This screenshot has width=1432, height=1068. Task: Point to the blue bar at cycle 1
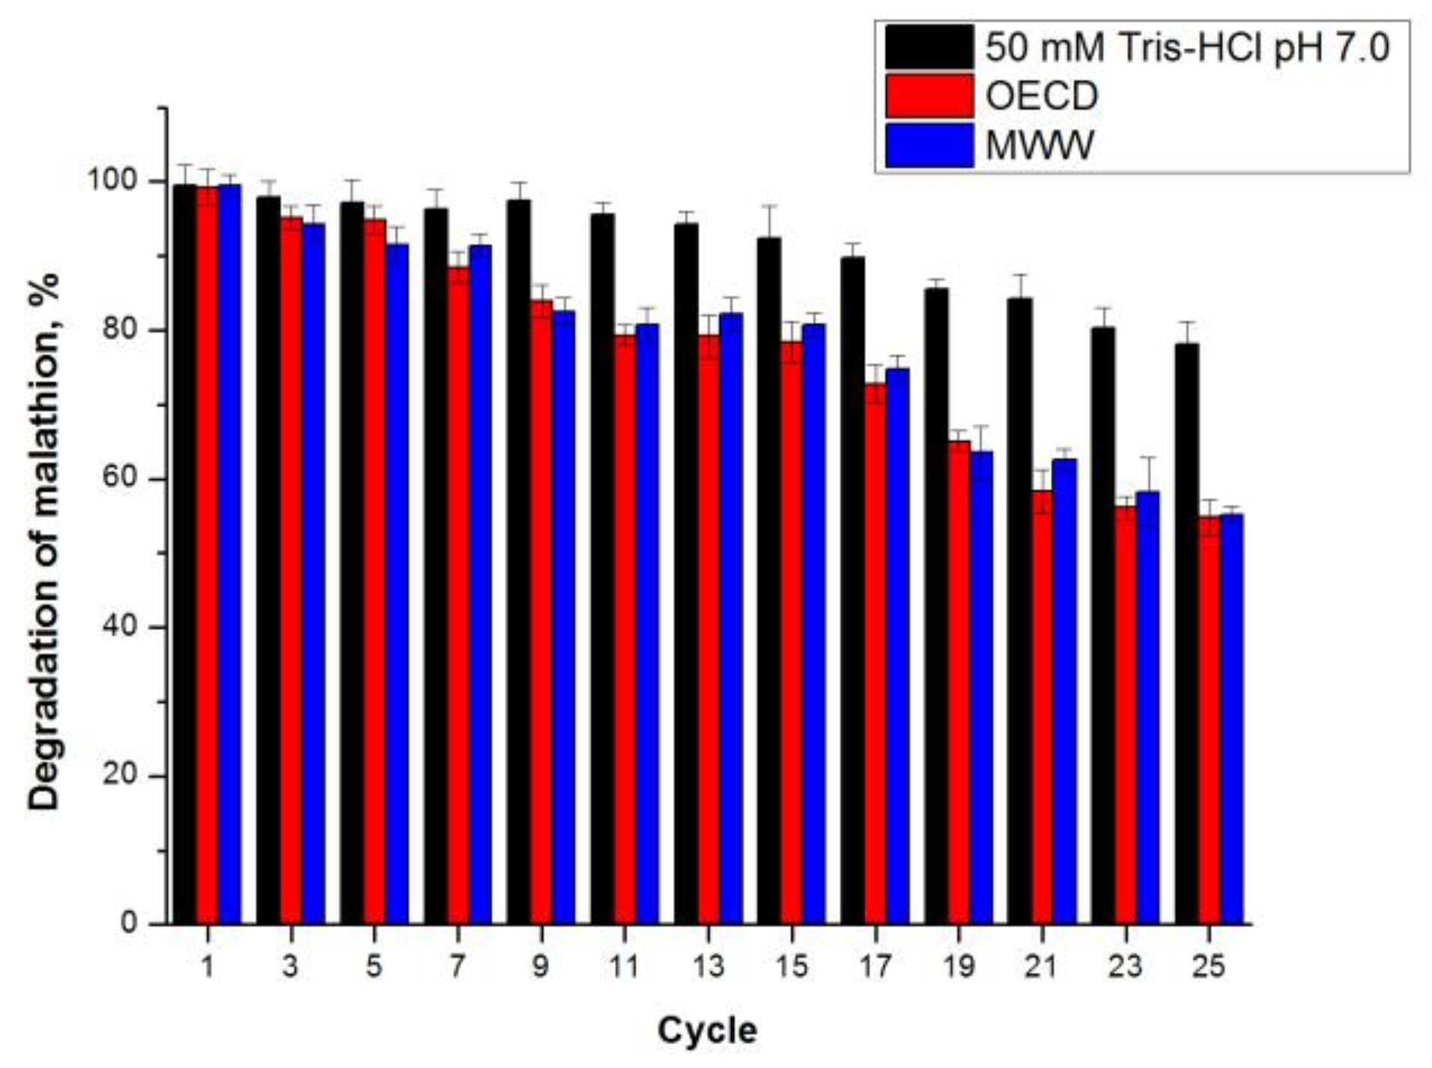229,554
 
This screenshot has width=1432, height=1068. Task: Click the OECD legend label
1041,96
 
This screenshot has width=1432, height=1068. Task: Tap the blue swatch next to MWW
929,145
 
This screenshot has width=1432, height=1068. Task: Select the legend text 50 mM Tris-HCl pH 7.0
1187,48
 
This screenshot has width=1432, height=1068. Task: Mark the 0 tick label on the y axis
129,923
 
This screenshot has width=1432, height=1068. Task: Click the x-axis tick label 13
708,966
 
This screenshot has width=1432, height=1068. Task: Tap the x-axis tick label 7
457,966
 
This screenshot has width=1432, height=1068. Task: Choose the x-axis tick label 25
1208,966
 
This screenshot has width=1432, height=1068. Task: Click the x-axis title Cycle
707,1031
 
